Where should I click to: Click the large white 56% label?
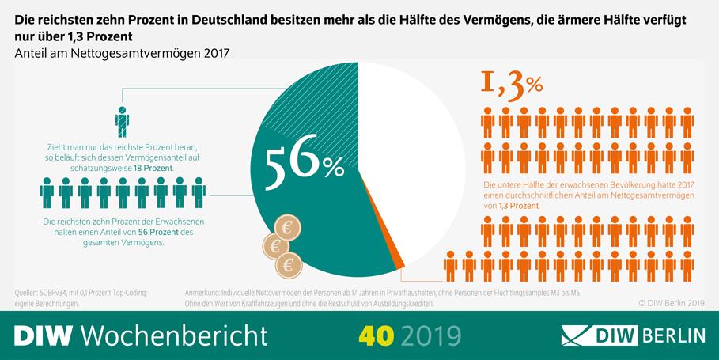point(303,165)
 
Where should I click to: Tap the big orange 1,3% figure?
point(511,86)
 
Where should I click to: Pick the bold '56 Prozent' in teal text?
point(154,232)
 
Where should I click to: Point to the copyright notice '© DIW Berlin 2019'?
point(670,302)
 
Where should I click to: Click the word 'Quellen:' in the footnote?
point(28,292)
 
